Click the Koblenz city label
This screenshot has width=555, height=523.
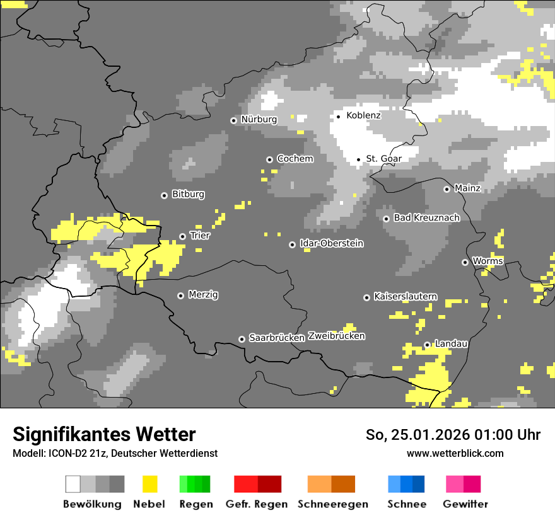pyautogui.click(x=363, y=115)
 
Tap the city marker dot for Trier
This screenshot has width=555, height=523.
pyautogui.click(x=183, y=236)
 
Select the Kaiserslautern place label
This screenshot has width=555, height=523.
pyautogui.click(x=406, y=296)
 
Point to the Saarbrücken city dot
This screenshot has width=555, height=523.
pyautogui.click(x=242, y=339)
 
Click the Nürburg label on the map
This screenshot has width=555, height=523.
pyautogui.click(x=259, y=119)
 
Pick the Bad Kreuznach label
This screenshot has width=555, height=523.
pyautogui.click(x=426, y=217)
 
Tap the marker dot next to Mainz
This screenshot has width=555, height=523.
pyautogui.click(x=447, y=189)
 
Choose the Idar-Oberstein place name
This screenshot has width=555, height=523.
pyautogui.click(x=332, y=243)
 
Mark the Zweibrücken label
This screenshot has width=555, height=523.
pyautogui.click(x=336, y=336)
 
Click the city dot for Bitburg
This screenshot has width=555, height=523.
pyautogui.click(x=165, y=195)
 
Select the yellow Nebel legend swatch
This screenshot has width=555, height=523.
pyautogui.click(x=149, y=484)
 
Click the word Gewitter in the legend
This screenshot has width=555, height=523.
pyautogui.click(x=465, y=504)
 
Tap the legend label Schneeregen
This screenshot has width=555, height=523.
pyautogui.click(x=332, y=504)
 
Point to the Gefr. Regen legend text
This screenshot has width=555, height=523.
pyautogui.click(x=256, y=504)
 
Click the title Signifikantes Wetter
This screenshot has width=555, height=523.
pyautogui.click(x=104, y=434)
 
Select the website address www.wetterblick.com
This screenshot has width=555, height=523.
pyautogui.click(x=455, y=453)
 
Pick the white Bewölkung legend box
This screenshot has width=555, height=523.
pyautogui.click(x=73, y=484)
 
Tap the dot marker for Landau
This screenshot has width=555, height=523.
pyautogui.click(x=427, y=345)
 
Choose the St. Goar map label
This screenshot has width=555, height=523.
pyautogui.click(x=383, y=159)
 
